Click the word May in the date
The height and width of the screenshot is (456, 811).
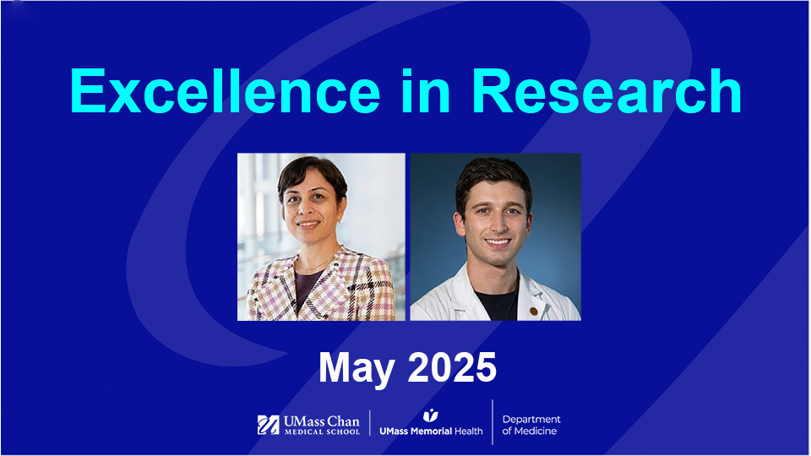pos(357,367)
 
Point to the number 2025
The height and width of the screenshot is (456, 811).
pos(453,367)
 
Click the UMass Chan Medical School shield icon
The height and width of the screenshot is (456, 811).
pos(269,424)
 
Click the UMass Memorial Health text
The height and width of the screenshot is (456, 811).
pos(431,431)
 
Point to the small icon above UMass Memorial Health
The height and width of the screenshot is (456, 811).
pos(431,414)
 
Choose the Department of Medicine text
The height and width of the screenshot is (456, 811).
pos(531,425)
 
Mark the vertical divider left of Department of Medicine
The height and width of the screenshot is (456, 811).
pos(493,422)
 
